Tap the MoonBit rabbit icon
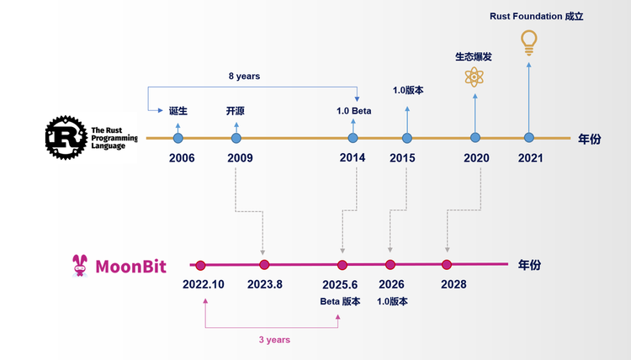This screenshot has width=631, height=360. coord(80,266)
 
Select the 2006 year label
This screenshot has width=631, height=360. coord(182,158)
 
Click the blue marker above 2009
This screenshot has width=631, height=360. coord(236,138)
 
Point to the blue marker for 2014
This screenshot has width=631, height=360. coord(353,138)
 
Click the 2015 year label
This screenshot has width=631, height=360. coord(402,158)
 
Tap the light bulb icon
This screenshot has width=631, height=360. coord(528,42)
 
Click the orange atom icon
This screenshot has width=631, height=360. coord(475,78)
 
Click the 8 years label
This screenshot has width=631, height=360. coord(244,76)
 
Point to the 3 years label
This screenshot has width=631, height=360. coord(274,340)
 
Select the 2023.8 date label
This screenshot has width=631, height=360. coord(265,284)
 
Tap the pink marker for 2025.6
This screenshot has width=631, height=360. coord(342,265)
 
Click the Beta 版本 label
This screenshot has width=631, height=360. coord(340,302)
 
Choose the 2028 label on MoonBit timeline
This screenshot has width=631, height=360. coord(453,284)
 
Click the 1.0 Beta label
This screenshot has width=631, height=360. coord(354,111)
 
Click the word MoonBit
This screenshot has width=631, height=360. coord(130,267)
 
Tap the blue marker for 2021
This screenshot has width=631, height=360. coord(528,138)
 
